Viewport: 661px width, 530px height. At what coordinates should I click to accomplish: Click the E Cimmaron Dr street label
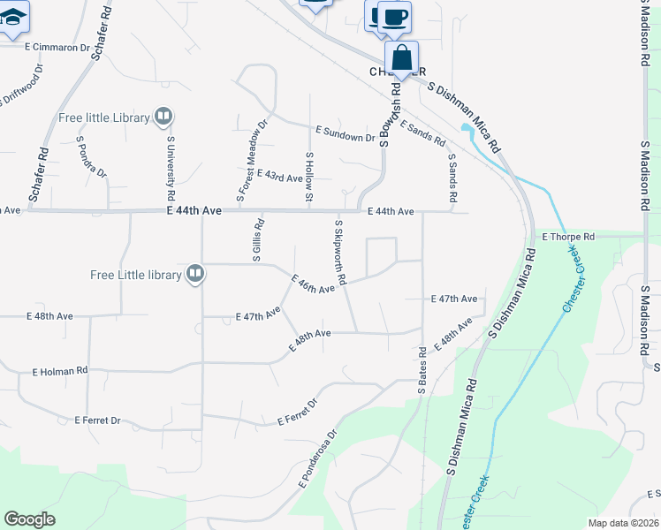pyautogui.click(x=57, y=47)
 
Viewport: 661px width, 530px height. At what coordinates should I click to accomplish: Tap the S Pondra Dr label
pyautogui.click(x=91, y=156)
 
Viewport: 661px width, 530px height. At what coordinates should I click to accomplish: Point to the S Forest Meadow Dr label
pyautogui.click(x=250, y=158)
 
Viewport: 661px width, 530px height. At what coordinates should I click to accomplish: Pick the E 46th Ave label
pyautogui.click(x=313, y=284)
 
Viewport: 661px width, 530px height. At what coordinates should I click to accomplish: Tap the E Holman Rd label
pyautogui.click(x=60, y=372)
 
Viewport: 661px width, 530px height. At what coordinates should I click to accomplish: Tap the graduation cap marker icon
pyautogui.click(x=13, y=18)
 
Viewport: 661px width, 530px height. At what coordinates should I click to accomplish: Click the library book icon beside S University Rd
pyautogui.click(x=163, y=117)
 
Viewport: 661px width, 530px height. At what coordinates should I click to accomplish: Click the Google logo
pyautogui.click(x=29, y=519)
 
